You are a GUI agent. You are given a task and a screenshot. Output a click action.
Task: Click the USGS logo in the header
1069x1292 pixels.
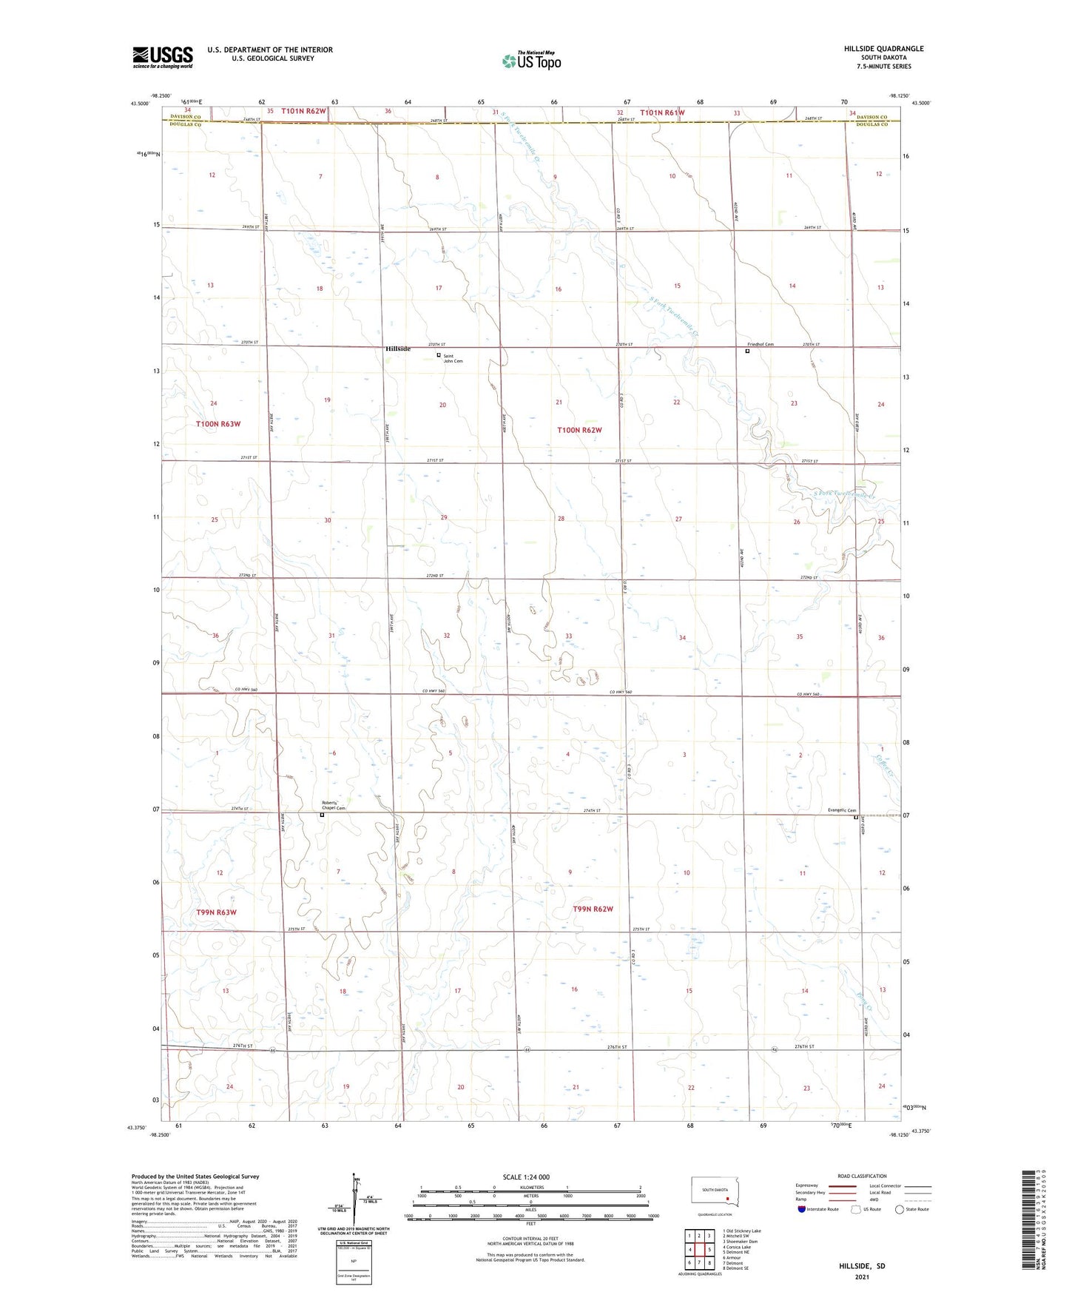pos(163,57)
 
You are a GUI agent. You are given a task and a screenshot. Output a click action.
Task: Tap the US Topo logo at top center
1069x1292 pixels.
pos(531,61)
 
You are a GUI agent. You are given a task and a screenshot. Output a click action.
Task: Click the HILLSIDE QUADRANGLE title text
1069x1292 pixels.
pos(883,49)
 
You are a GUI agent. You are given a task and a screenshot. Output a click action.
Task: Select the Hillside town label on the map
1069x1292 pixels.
pos(398,349)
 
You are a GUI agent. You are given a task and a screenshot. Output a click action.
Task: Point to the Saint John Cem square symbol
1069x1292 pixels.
pos(439,355)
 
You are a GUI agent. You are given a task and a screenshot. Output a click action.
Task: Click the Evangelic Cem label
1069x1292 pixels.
pos(842,810)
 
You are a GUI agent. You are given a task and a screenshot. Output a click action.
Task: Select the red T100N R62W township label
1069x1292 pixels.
pos(579,430)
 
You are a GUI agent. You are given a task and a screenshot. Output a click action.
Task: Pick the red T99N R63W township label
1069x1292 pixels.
pos(217,912)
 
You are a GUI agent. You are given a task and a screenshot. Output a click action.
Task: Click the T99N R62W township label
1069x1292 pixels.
pos(593,909)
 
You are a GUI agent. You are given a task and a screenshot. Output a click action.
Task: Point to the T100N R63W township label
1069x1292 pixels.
pos(218,424)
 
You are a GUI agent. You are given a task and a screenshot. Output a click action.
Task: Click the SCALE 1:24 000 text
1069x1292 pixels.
pos(526,1177)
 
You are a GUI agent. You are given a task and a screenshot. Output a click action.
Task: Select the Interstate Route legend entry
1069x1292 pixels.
pos(818,1209)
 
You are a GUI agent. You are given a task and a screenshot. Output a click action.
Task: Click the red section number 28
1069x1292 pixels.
pos(561,519)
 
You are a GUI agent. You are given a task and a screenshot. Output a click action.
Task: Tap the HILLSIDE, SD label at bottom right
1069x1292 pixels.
pos(862,1266)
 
